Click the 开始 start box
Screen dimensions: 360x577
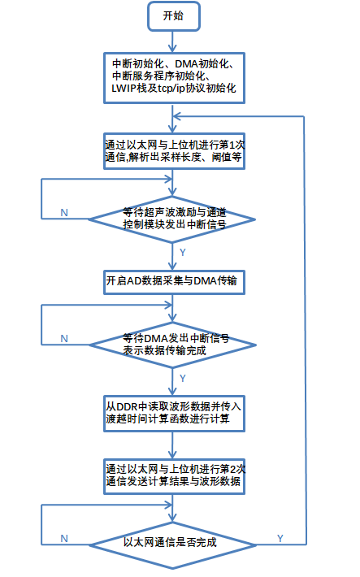click(174, 16)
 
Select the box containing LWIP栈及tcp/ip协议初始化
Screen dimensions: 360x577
click(174, 78)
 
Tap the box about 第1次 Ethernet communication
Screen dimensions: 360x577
click(174, 151)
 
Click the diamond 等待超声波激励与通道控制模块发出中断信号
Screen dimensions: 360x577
click(172, 219)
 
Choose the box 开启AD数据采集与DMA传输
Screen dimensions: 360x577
click(174, 282)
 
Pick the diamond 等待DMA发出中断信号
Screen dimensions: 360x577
click(172, 345)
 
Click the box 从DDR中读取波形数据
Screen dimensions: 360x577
click(174, 414)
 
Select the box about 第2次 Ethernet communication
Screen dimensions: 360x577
click(174, 476)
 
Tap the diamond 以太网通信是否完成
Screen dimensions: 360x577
click(172, 545)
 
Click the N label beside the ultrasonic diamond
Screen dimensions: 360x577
click(64, 213)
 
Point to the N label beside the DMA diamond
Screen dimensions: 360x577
click(64, 339)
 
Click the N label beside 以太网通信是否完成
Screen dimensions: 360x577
click(64, 538)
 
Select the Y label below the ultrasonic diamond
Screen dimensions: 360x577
click(183, 253)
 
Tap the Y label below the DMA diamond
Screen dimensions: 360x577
click(183, 378)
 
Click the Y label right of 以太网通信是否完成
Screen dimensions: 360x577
click(280, 538)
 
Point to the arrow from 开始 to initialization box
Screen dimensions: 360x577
click(172, 41)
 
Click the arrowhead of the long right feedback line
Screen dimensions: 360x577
click(176, 117)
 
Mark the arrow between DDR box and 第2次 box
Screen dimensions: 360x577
click(172, 445)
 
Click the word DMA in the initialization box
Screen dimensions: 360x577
click(186, 63)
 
